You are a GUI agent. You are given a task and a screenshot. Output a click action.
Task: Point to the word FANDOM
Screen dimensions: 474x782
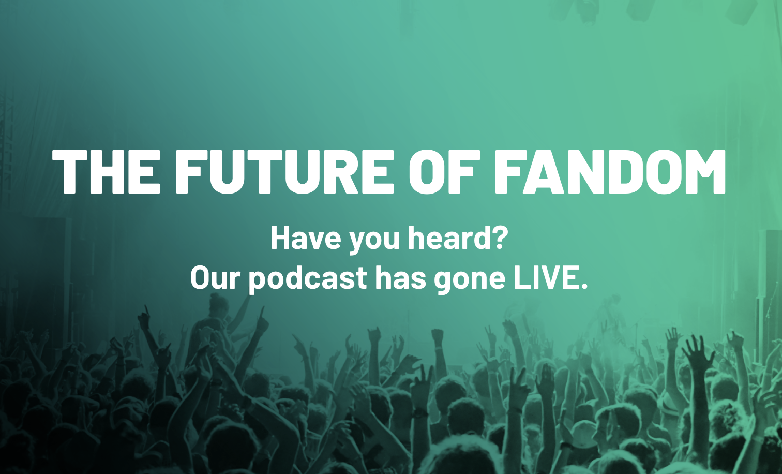pos(609,171)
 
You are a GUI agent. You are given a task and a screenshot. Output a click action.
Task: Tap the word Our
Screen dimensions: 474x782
pos(215,278)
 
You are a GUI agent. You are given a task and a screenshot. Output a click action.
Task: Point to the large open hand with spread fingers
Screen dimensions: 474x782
pos(698,352)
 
